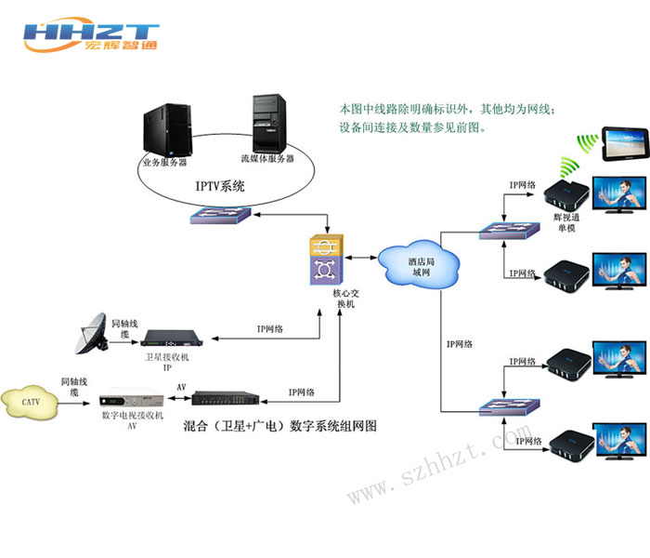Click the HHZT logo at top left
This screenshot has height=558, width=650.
point(90,36)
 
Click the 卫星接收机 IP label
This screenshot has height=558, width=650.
point(169,362)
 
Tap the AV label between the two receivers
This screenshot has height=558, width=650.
point(181,385)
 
